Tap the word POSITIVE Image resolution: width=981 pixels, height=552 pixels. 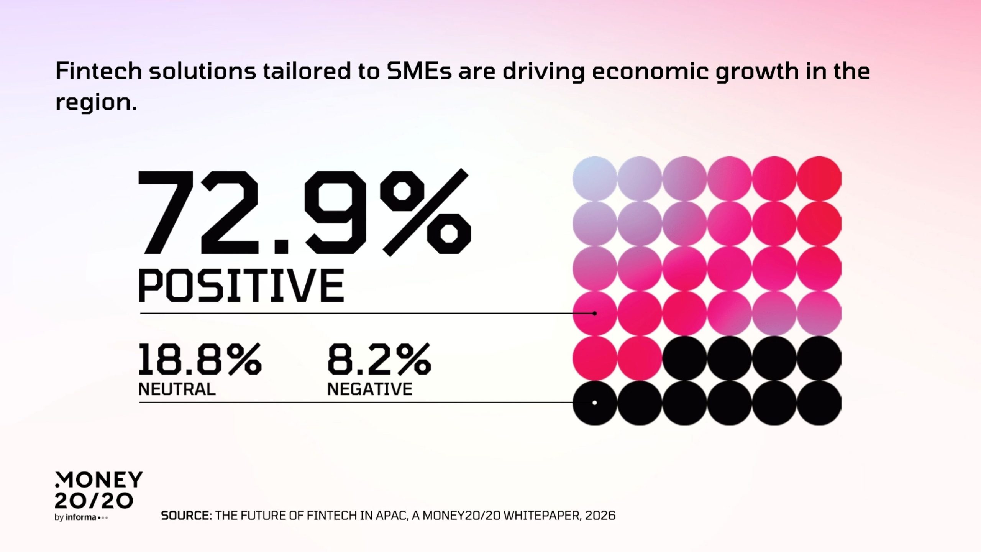point(241,286)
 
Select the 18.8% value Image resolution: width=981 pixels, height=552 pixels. point(199,359)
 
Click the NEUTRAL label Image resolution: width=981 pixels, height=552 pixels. point(177,389)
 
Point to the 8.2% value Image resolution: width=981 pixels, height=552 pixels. point(379,359)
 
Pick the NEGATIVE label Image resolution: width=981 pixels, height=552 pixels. point(370,389)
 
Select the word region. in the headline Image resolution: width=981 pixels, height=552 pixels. point(96,103)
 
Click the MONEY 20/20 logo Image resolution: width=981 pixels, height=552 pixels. point(98,490)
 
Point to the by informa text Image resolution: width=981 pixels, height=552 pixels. point(81,517)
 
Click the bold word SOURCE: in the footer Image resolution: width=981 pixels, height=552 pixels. point(186,516)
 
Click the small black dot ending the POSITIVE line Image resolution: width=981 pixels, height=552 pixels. point(595,314)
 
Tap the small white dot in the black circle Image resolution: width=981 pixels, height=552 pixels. point(595,402)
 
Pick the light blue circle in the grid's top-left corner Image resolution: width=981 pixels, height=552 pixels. point(595,178)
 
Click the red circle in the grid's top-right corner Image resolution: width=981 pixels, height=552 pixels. point(819,178)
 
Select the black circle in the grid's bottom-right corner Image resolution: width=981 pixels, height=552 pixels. point(819,403)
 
